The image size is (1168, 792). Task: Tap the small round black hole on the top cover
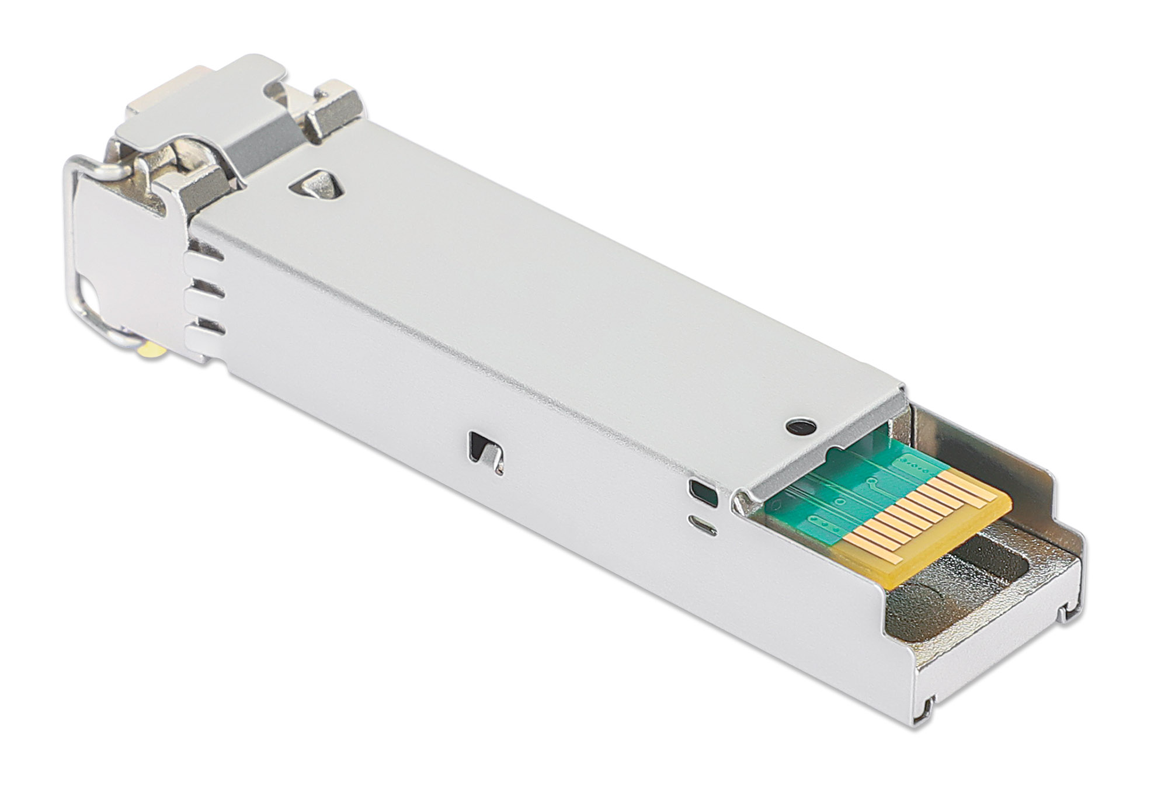coord(801,427)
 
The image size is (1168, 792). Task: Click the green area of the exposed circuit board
coord(841,491)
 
